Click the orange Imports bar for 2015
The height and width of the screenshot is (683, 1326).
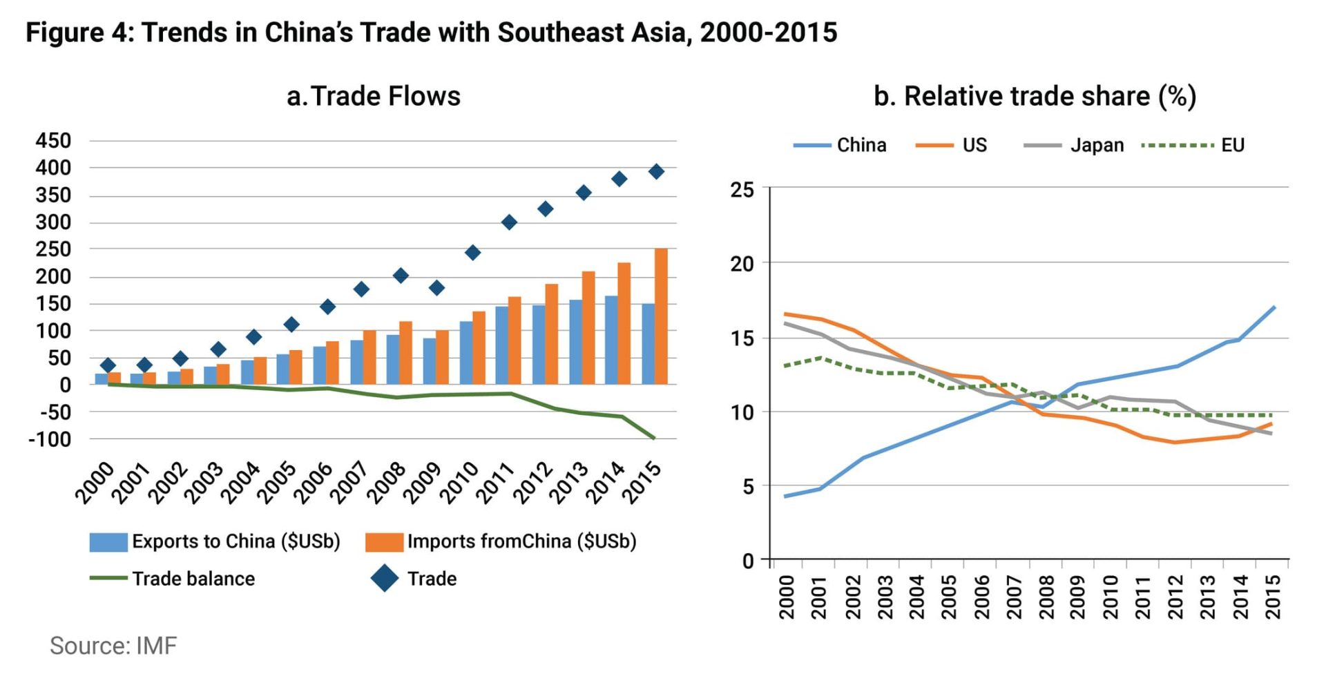[x=661, y=316]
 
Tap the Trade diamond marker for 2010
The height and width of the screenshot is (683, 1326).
[x=472, y=253]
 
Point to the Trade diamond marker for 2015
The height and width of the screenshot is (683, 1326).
[x=656, y=171]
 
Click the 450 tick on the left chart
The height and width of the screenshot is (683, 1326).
[x=53, y=141]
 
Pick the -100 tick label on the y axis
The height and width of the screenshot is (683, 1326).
[x=50, y=439]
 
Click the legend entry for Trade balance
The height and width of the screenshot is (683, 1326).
[x=193, y=579]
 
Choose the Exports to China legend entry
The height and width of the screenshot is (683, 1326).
[x=236, y=541]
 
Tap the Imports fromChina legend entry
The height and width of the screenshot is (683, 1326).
[x=521, y=541]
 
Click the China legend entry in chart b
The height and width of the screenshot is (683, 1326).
[x=861, y=145]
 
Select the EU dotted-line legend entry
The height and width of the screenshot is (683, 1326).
[x=1232, y=145]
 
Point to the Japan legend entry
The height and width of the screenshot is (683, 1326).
[x=1097, y=145]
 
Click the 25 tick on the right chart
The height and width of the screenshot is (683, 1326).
[x=742, y=189]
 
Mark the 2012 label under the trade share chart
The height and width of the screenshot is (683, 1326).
[x=1175, y=597]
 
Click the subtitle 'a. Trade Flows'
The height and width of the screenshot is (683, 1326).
[x=373, y=96]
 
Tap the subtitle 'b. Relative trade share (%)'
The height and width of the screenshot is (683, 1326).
[x=1034, y=96]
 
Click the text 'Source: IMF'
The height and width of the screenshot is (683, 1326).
[x=113, y=646]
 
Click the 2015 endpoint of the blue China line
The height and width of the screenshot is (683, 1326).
[x=1274, y=307]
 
